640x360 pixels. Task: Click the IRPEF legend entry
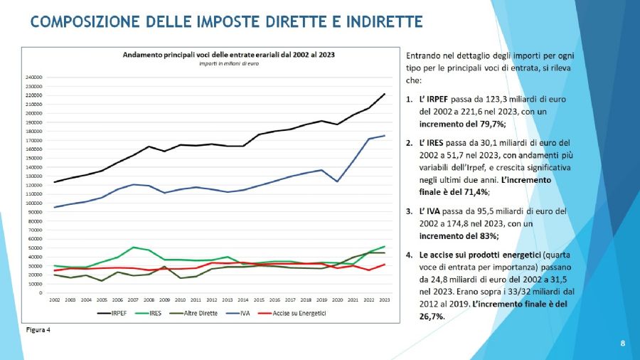pyautogui.click(x=114, y=314)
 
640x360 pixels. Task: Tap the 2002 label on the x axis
pyautogui.click(x=55, y=300)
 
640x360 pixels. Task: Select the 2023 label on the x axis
pyautogui.click(x=383, y=300)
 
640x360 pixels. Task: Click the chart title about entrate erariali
pyautogui.click(x=228, y=54)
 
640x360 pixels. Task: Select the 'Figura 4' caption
pyautogui.click(x=34, y=330)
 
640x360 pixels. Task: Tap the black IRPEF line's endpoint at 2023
pyautogui.click(x=384, y=94)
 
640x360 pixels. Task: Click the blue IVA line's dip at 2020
pyautogui.click(x=337, y=181)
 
